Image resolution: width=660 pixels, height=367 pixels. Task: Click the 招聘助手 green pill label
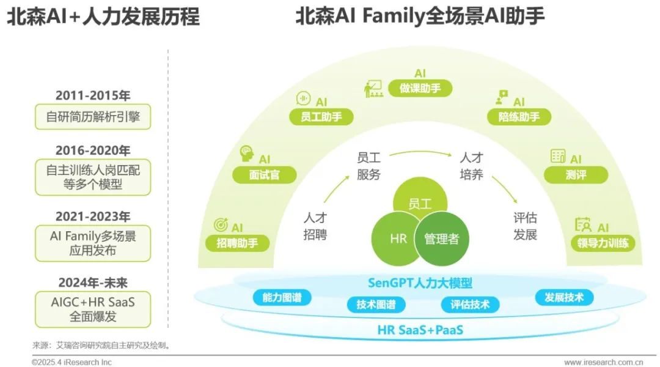[x=237, y=243]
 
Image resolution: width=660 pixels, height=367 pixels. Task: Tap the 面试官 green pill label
[x=265, y=175]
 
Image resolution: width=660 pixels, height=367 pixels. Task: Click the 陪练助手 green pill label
[x=519, y=116]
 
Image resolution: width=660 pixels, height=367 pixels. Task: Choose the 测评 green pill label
[x=576, y=175]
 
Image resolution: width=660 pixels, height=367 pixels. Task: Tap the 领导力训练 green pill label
[x=603, y=243]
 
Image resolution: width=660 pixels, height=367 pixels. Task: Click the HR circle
[x=398, y=239]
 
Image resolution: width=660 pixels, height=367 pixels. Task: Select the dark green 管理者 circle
[x=441, y=239]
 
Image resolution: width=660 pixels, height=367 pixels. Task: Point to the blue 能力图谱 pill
[x=282, y=298]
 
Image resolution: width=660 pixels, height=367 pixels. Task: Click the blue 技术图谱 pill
[x=376, y=305]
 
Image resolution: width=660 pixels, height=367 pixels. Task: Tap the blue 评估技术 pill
[x=470, y=305]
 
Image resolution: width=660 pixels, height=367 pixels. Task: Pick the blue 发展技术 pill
[x=564, y=298]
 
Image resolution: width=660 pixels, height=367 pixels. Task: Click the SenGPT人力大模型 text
[x=420, y=283]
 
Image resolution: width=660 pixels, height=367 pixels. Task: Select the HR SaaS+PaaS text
[x=420, y=330]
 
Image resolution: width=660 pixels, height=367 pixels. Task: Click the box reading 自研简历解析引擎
[x=93, y=116]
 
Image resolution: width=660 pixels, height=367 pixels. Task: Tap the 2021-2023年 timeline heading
[x=93, y=217]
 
